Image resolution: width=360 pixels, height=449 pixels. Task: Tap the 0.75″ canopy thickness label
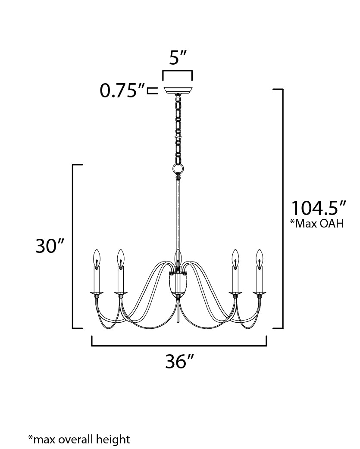[x=122, y=91]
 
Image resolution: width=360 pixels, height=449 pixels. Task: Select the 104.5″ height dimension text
[x=318, y=208]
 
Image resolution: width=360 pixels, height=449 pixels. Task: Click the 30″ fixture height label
[x=50, y=246]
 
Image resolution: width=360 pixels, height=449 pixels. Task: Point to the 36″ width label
[x=178, y=362]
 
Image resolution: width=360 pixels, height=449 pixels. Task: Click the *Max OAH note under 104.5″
[x=318, y=224]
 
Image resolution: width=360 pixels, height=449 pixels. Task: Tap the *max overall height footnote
[x=79, y=440]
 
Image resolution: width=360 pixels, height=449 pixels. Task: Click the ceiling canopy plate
[x=177, y=91]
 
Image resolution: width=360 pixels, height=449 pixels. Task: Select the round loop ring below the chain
[x=178, y=168]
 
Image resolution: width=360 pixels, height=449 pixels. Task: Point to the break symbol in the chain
[x=177, y=137]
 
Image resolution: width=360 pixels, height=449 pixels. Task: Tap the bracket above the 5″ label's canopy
[x=177, y=71]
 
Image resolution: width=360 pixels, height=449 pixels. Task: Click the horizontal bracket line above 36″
[x=179, y=345]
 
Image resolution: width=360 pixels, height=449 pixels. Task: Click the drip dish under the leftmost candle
[x=97, y=294]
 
